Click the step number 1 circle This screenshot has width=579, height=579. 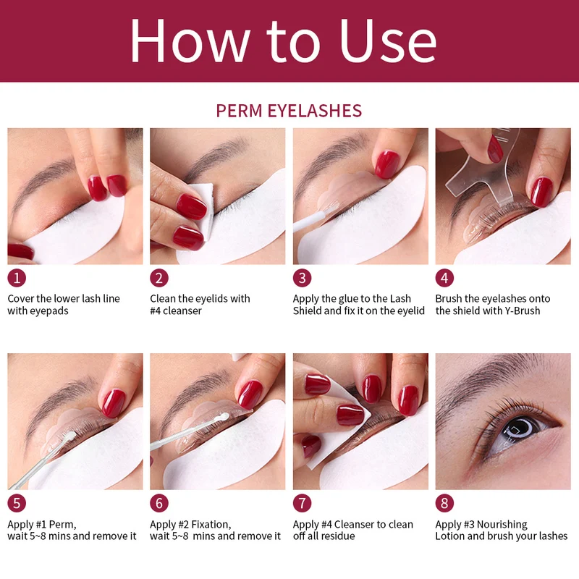click(x=17, y=278)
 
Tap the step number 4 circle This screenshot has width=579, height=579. click(x=444, y=278)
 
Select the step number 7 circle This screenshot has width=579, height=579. click(x=303, y=503)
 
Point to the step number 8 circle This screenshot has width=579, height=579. click(x=444, y=503)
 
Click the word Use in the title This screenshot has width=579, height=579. click(x=388, y=41)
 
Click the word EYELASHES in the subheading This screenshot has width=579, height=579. click(x=315, y=111)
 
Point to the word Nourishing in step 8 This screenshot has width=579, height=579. click(x=502, y=525)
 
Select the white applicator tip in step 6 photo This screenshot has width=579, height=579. click(x=222, y=417)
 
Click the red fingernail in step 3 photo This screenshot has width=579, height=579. click(x=387, y=164)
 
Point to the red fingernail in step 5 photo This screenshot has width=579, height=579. click(x=114, y=403)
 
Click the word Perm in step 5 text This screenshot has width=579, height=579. click(x=62, y=525)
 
